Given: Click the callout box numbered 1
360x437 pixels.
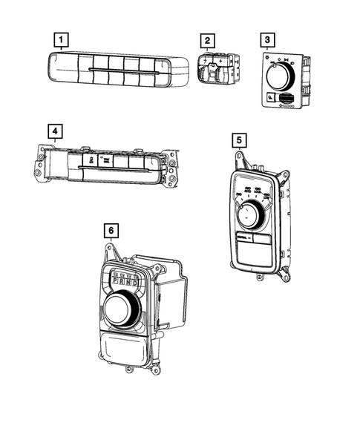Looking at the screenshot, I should [x=62, y=39].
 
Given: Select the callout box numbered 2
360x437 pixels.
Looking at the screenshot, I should [x=209, y=39].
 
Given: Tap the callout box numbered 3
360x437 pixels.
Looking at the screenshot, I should [x=269, y=39].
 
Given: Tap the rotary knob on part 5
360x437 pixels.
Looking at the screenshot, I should [x=248, y=217].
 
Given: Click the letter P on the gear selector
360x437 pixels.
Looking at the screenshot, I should [x=117, y=282].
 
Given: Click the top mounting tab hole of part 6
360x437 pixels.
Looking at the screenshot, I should [x=111, y=249].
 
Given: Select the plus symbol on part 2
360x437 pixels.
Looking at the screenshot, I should [x=221, y=61].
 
